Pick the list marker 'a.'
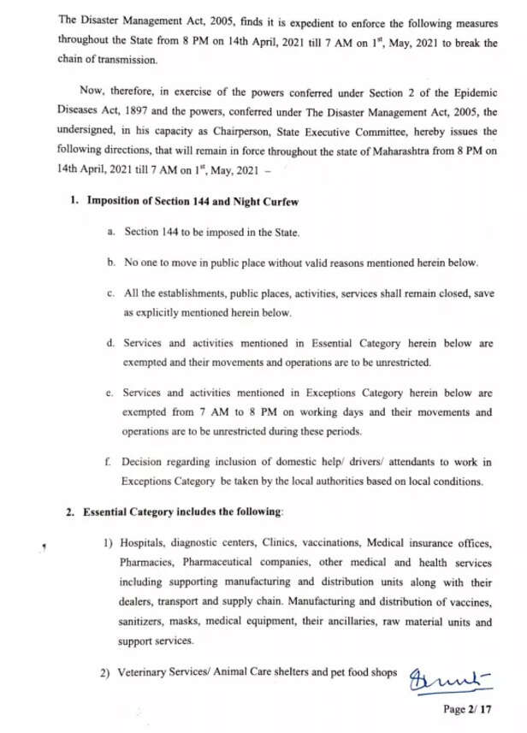point(111,232)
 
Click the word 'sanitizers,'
point(146,623)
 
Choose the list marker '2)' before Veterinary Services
point(110,673)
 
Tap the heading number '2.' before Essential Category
point(72,511)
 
